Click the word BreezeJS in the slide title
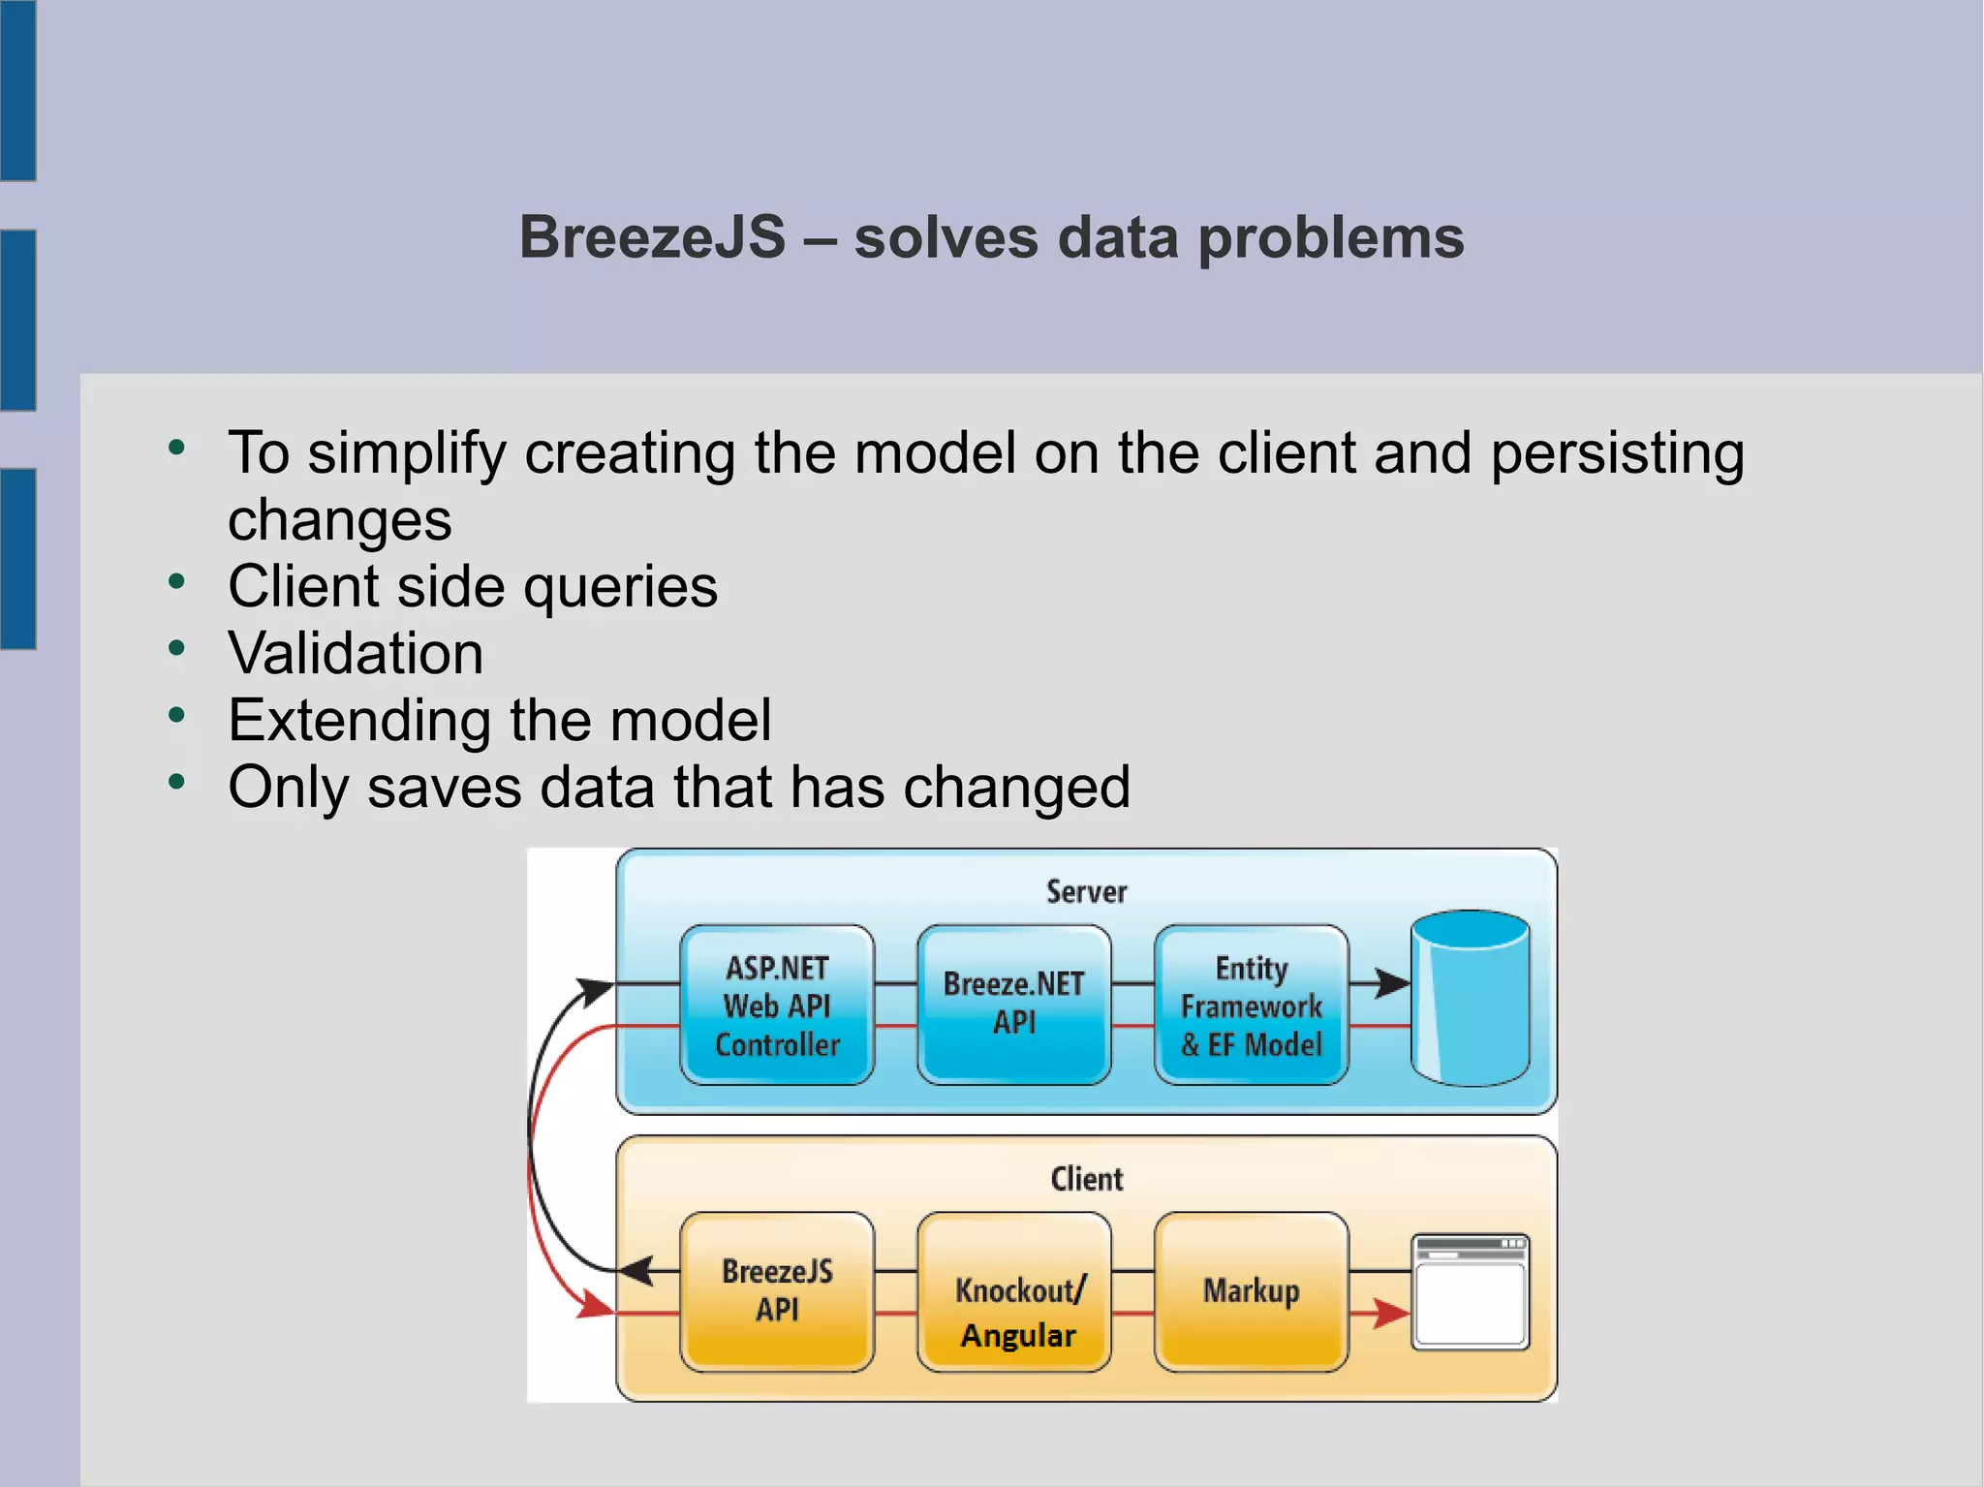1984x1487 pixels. [652, 237]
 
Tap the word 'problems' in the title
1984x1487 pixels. [1331, 238]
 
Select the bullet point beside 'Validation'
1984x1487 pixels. [176, 648]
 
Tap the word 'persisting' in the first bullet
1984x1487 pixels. [1617, 453]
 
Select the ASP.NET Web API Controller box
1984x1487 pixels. [777, 1006]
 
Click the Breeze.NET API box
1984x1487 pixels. [1014, 1004]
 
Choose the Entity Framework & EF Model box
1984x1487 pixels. [1251, 1006]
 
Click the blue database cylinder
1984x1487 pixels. [1470, 998]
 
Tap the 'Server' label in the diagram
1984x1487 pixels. [1086, 891]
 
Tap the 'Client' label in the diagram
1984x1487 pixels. [1086, 1179]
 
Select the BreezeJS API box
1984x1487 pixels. [777, 1290]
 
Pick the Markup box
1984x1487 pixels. [1251, 1290]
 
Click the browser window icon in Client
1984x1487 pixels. [1470, 1291]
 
